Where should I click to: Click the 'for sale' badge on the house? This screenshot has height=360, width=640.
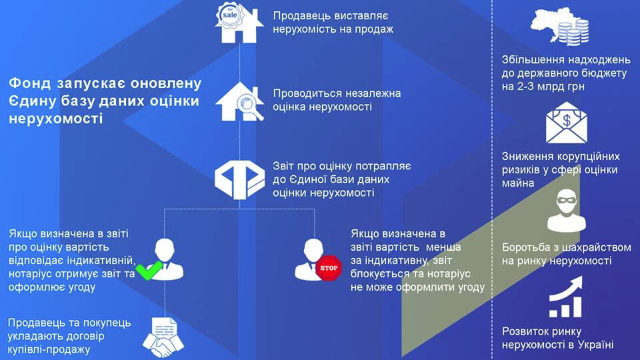[229, 15]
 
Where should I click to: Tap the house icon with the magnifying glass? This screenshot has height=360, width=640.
[239, 101]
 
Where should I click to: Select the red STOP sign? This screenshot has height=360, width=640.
[329, 268]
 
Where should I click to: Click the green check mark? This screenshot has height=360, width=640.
[149, 270]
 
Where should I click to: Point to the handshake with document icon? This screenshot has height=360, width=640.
[163, 337]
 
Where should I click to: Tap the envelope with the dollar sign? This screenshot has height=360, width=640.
[567, 123]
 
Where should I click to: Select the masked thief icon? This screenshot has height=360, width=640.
[566, 210]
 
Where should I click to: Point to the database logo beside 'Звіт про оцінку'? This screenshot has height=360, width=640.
[239, 179]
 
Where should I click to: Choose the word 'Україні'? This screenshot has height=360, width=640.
[596, 345]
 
